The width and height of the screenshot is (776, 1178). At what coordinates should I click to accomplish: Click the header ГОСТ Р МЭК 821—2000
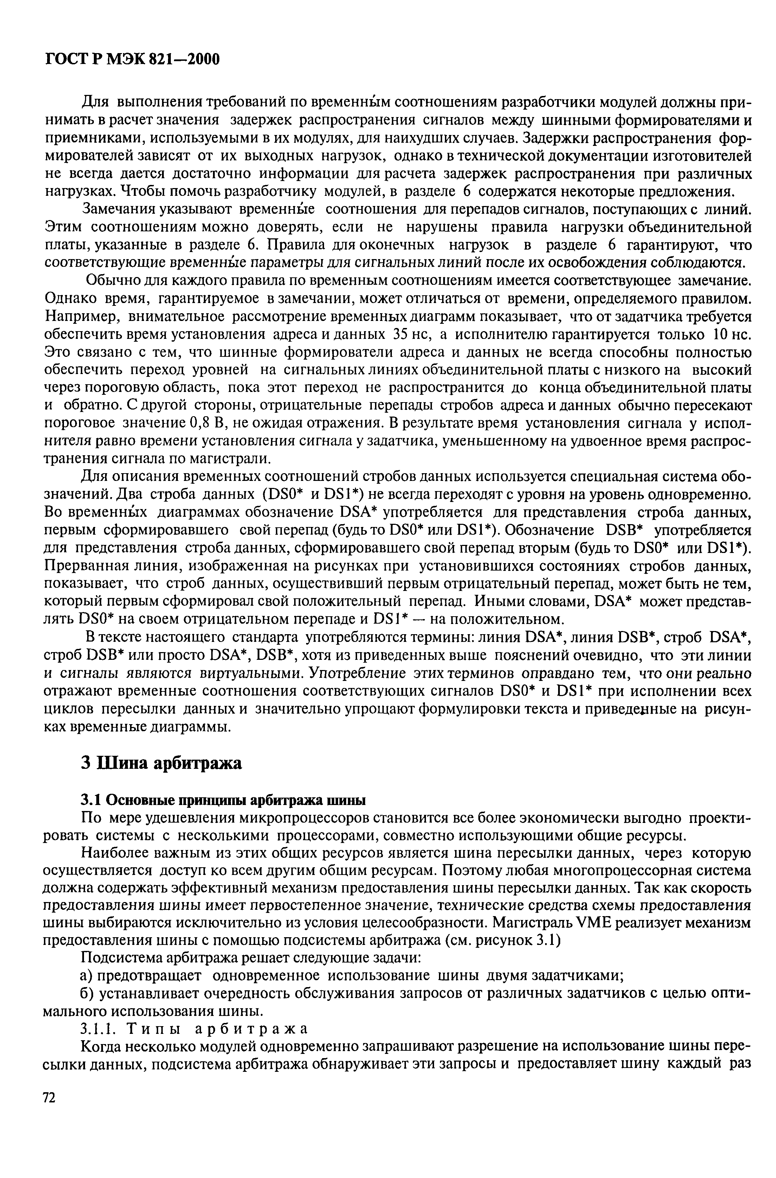132,60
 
